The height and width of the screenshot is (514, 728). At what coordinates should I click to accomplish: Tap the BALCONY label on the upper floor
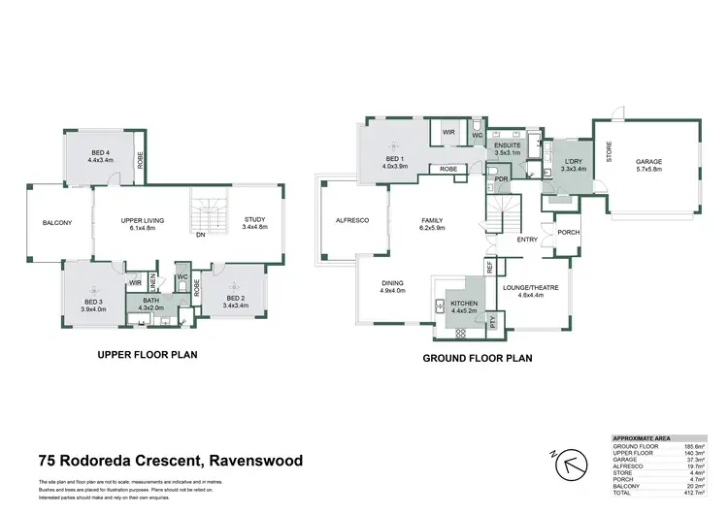[57, 223]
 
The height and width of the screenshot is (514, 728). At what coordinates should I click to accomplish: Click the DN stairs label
[200, 235]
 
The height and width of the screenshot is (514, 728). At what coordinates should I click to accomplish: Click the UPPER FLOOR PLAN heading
[148, 355]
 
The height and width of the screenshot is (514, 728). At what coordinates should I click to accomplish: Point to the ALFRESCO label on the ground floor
[352, 220]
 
